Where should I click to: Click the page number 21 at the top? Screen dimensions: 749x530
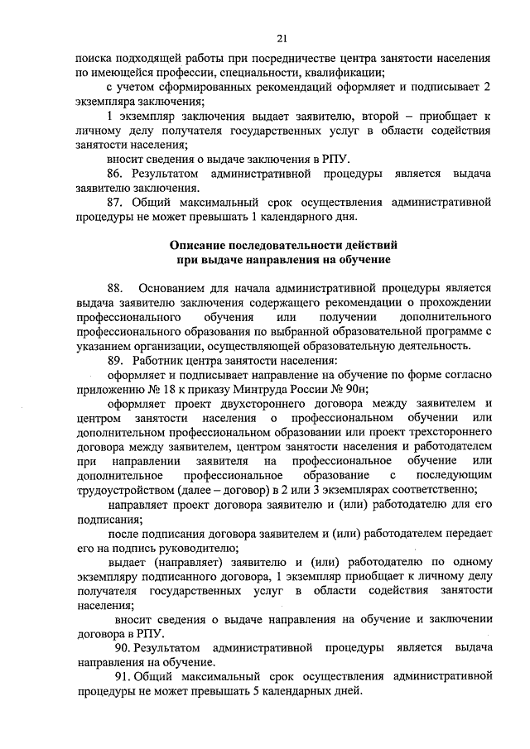282,38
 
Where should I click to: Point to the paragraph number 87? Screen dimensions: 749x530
115,202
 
